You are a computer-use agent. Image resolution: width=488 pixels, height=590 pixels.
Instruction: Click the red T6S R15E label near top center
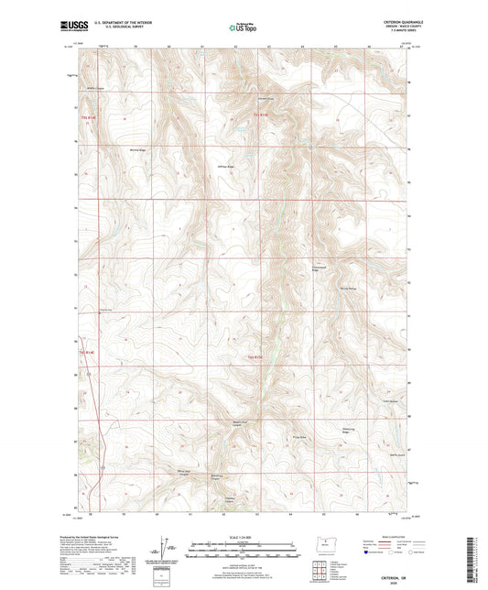(257, 115)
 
